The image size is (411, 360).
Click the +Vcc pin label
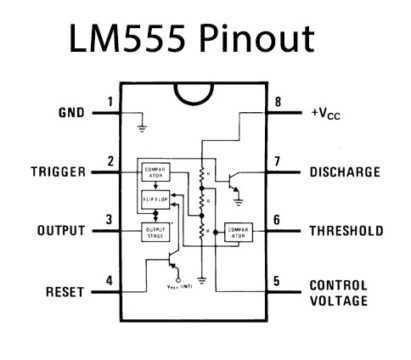(333, 112)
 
